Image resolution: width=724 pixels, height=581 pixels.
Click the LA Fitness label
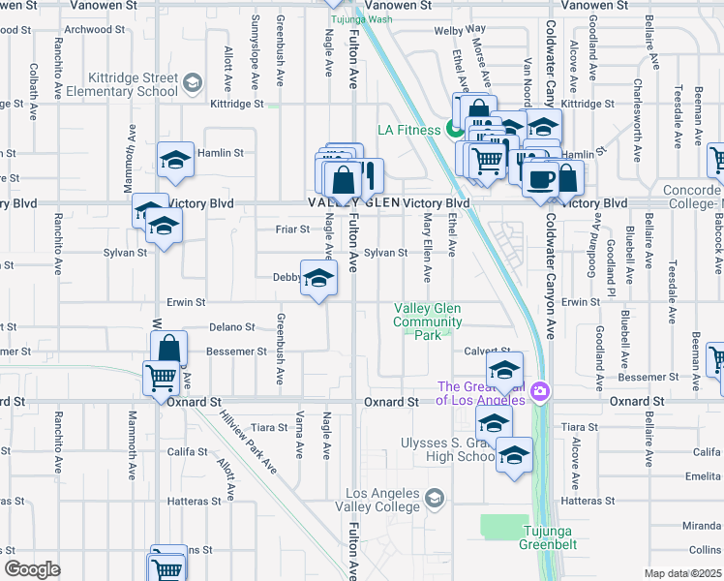tap(409, 130)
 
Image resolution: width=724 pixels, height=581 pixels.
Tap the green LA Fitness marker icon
tap(453, 130)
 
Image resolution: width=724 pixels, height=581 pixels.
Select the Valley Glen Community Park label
tap(428, 322)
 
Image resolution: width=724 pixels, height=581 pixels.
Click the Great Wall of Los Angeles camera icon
tap(540, 392)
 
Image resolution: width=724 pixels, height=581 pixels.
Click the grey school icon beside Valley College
tap(435, 498)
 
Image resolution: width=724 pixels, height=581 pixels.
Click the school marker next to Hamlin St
tap(175, 159)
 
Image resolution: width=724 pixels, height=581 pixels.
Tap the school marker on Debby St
tap(317, 279)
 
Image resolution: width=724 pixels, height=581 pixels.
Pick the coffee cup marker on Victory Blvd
tap(539, 177)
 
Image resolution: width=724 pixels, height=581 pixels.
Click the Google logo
tap(32, 569)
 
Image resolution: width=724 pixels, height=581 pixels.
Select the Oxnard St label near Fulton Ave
tap(391, 401)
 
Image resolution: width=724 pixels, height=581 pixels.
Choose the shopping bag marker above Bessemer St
tap(169, 349)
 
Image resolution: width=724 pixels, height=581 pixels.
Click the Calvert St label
tap(486, 352)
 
